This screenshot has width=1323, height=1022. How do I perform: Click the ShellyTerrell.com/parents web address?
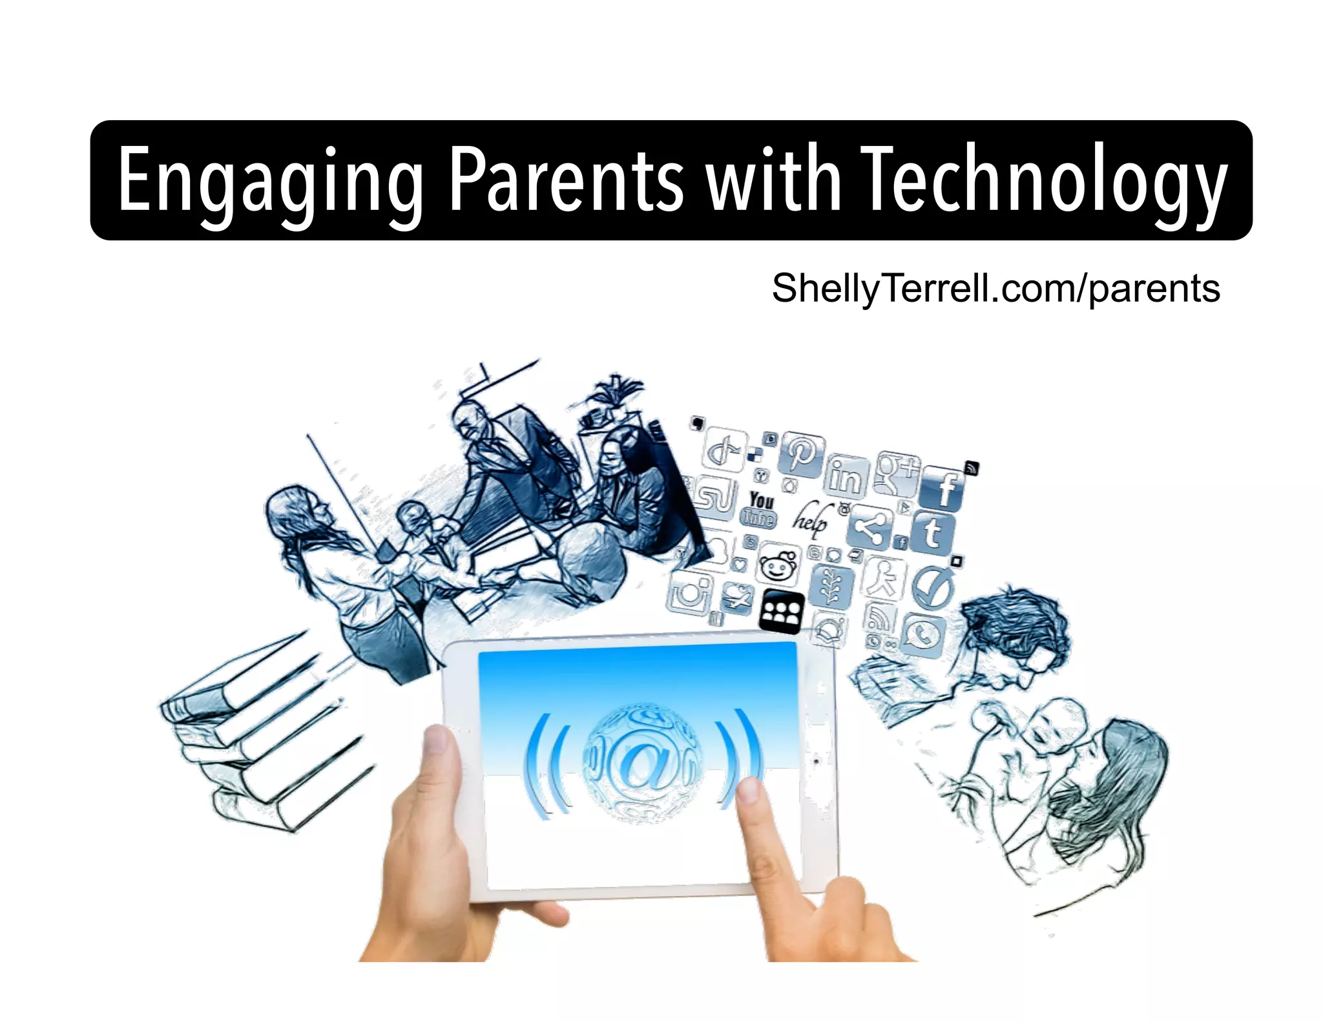pyautogui.click(x=995, y=288)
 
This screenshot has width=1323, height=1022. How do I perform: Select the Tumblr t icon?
pyautogui.click(x=932, y=533)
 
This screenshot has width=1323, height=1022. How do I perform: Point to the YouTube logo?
pyautogui.click(x=760, y=509)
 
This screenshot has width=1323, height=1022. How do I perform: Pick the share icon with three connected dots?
pyautogui.click(x=870, y=528)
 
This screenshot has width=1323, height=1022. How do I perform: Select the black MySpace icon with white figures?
pyautogui.click(x=782, y=610)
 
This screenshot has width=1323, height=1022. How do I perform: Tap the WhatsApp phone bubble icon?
pyautogui.click(x=924, y=636)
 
